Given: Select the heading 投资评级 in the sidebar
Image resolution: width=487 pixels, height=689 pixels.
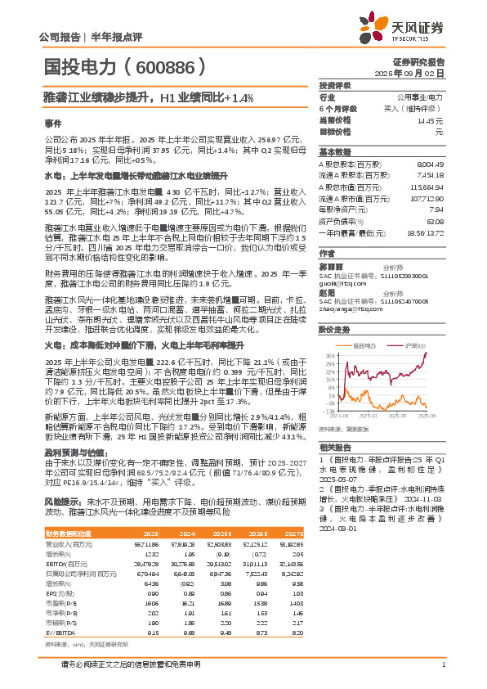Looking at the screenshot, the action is click(x=335, y=85).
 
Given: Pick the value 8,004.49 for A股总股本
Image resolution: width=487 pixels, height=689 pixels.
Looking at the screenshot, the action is click(x=430, y=164).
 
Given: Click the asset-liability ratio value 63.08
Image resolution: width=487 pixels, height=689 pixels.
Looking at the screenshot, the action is click(x=435, y=221).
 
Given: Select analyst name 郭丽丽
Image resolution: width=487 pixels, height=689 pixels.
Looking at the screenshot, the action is click(x=329, y=267).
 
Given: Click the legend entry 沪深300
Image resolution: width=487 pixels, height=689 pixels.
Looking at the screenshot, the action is click(x=413, y=323).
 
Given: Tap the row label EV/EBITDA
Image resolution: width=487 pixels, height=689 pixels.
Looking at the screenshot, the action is click(x=60, y=585).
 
